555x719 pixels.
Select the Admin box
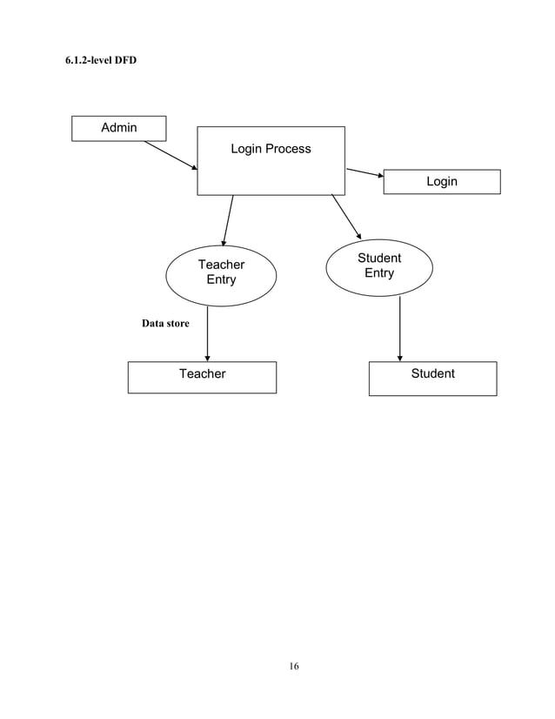119,128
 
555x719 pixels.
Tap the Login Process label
271,149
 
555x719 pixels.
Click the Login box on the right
442,181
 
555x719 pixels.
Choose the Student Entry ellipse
379,266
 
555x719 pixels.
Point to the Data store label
165,324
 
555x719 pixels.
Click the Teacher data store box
202,376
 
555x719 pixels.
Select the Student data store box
432,377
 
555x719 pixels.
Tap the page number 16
294,667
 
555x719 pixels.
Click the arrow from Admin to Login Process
171,155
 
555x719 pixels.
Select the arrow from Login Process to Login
365,172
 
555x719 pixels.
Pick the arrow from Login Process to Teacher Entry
228,221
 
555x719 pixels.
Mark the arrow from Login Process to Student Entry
346,216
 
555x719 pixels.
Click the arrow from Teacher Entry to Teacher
207,333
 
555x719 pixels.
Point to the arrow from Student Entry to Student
400,328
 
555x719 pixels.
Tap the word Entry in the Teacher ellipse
221,280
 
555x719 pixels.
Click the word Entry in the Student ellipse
379,273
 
